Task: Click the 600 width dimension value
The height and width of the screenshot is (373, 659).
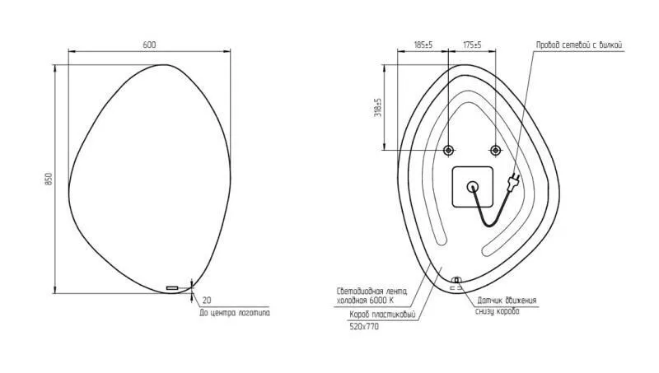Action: pos(149,44)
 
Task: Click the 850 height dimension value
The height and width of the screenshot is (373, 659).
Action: pos(49,179)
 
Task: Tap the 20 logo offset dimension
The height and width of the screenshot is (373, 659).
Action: pos(207,301)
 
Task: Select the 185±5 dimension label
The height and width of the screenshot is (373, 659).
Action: pos(423,44)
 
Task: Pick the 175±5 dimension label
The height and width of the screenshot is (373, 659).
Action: pos(472,44)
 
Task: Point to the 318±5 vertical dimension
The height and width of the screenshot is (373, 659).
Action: pos(378,108)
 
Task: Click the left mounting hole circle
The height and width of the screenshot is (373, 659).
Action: pos(448,150)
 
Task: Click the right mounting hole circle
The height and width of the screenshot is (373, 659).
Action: pos(496,150)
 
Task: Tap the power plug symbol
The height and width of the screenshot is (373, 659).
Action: pos(514,180)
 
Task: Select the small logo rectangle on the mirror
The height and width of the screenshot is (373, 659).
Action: pos(172,287)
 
